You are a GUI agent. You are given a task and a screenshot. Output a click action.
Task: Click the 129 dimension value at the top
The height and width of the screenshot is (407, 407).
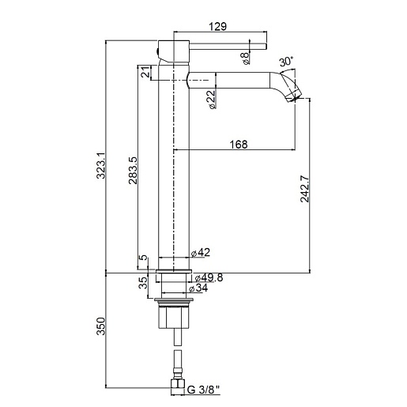[x=217, y=26]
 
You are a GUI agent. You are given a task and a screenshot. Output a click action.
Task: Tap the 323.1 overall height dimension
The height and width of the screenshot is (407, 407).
[x=101, y=166]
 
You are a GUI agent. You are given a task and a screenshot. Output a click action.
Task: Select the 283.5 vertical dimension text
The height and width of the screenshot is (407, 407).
[x=133, y=171]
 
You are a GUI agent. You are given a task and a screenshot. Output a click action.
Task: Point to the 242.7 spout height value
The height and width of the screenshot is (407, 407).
[x=305, y=189]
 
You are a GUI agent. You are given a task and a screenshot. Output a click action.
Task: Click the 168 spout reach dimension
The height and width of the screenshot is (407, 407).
[x=239, y=145]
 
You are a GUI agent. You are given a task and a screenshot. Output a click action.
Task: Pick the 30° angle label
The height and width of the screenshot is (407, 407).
[x=286, y=62]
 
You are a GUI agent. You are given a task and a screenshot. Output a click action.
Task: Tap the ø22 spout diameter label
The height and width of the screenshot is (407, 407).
[x=213, y=100]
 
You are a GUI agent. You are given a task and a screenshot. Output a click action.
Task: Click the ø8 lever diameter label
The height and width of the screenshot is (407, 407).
[x=245, y=58]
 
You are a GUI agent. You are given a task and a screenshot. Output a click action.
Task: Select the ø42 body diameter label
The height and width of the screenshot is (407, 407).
[x=201, y=252]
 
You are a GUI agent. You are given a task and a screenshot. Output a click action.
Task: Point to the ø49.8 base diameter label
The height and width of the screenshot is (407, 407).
[x=209, y=277]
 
